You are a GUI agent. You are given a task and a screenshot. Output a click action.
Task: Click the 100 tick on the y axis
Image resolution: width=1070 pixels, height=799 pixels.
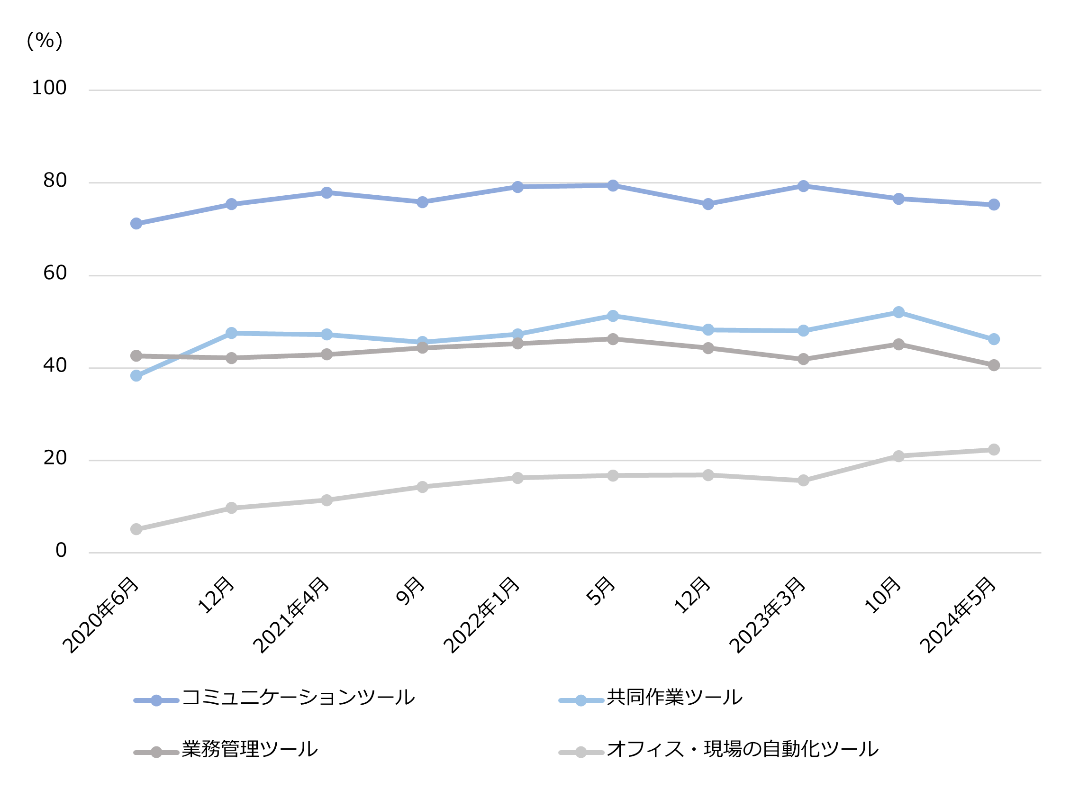[x=49, y=88]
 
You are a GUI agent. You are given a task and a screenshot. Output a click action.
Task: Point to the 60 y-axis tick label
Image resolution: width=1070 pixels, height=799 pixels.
[x=54, y=273]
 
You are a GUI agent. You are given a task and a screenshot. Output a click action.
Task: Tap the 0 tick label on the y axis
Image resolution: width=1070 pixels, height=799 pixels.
[x=61, y=550]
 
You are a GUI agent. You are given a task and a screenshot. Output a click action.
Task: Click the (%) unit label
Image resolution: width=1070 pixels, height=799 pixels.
[x=45, y=41]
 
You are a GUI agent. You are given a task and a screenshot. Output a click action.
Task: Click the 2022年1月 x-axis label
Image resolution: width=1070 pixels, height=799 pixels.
[x=482, y=615]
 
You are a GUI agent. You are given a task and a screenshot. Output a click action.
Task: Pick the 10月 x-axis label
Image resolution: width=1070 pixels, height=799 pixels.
[x=883, y=595]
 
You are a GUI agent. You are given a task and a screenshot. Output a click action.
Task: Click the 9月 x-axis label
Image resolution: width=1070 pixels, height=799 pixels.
[x=410, y=591]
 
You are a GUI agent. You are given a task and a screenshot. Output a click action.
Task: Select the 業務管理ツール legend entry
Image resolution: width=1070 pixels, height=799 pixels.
[x=249, y=750]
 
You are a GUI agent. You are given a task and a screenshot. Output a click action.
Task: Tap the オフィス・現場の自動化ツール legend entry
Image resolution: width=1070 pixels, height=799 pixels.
[x=742, y=750]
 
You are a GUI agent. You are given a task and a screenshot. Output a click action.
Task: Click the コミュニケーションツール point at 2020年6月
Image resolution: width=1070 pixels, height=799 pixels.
[x=136, y=224]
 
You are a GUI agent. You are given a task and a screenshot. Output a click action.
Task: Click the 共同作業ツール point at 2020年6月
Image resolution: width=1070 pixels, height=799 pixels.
[x=136, y=376]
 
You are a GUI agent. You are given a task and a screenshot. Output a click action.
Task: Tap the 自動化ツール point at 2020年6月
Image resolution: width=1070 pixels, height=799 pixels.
[x=136, y=530]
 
